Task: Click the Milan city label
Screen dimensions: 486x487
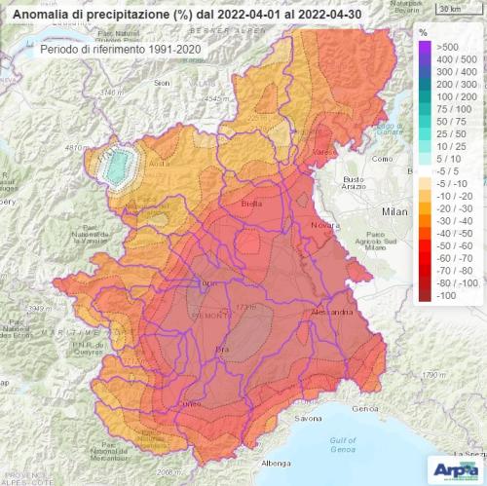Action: pyautogui.click(x=393, y=210)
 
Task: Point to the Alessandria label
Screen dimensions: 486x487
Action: pyautogui.click(x=330, y=315)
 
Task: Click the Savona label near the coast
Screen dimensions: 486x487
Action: pyautogui.click(x=310, y=419)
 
